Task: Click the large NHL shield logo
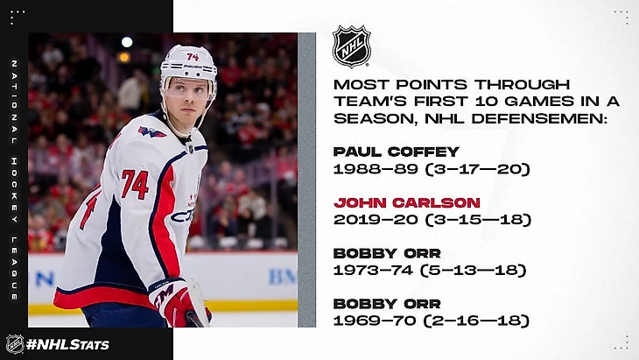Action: pyautogui.click(x=351, y=46)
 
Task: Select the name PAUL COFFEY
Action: pyautogui.click(x=397, y=152)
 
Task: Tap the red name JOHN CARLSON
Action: pyautogui.click(x=407, y=202)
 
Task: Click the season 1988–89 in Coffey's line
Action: pyautogui.click(x=376, y=169)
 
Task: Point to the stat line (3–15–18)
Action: pyautogui.click(x=478, y=219)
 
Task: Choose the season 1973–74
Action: pyautogui.click(x=373, y=270)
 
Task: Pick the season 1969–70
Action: pyautogui.click(x=375, y=321)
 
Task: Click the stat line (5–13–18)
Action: pyautogui.click(x=474, y=270)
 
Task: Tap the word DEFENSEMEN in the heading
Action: pyautogui.click(x=537, y=118)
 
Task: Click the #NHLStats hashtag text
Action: pyautogui.click(x=67, y=344)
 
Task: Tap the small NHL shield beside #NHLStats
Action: pyautogui.click(x=15, y=344)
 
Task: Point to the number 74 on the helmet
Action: pyautogui.click(x=193, y=57)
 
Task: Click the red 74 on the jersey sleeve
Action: pyautogui.click(x=135, y=184)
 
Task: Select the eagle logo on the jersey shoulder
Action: pyautogui.click(x=151, y=131)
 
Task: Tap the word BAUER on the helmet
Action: pyautogui.click(x=193, y=67)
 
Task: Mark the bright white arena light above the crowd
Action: pyautogui.click(x=127, y=41)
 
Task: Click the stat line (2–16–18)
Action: pyautogui.click(x=476, y=321)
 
